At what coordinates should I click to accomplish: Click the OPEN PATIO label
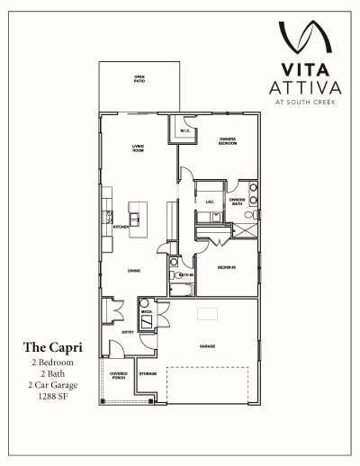(139, 80)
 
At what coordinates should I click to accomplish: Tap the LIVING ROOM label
(139, 148)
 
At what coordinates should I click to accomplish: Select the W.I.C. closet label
(184, 131)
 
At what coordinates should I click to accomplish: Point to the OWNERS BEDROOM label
(229, 140)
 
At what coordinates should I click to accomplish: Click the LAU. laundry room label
(209, 202)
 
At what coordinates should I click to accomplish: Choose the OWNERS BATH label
(237, 202)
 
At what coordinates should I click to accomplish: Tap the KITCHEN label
(119, 227)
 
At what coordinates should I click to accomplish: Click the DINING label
(133, 270)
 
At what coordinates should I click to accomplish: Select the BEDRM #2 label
(227, 268)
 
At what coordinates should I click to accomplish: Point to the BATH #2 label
(187, 273)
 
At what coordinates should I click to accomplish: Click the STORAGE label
(148, 373)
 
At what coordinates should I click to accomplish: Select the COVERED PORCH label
(119, 375)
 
